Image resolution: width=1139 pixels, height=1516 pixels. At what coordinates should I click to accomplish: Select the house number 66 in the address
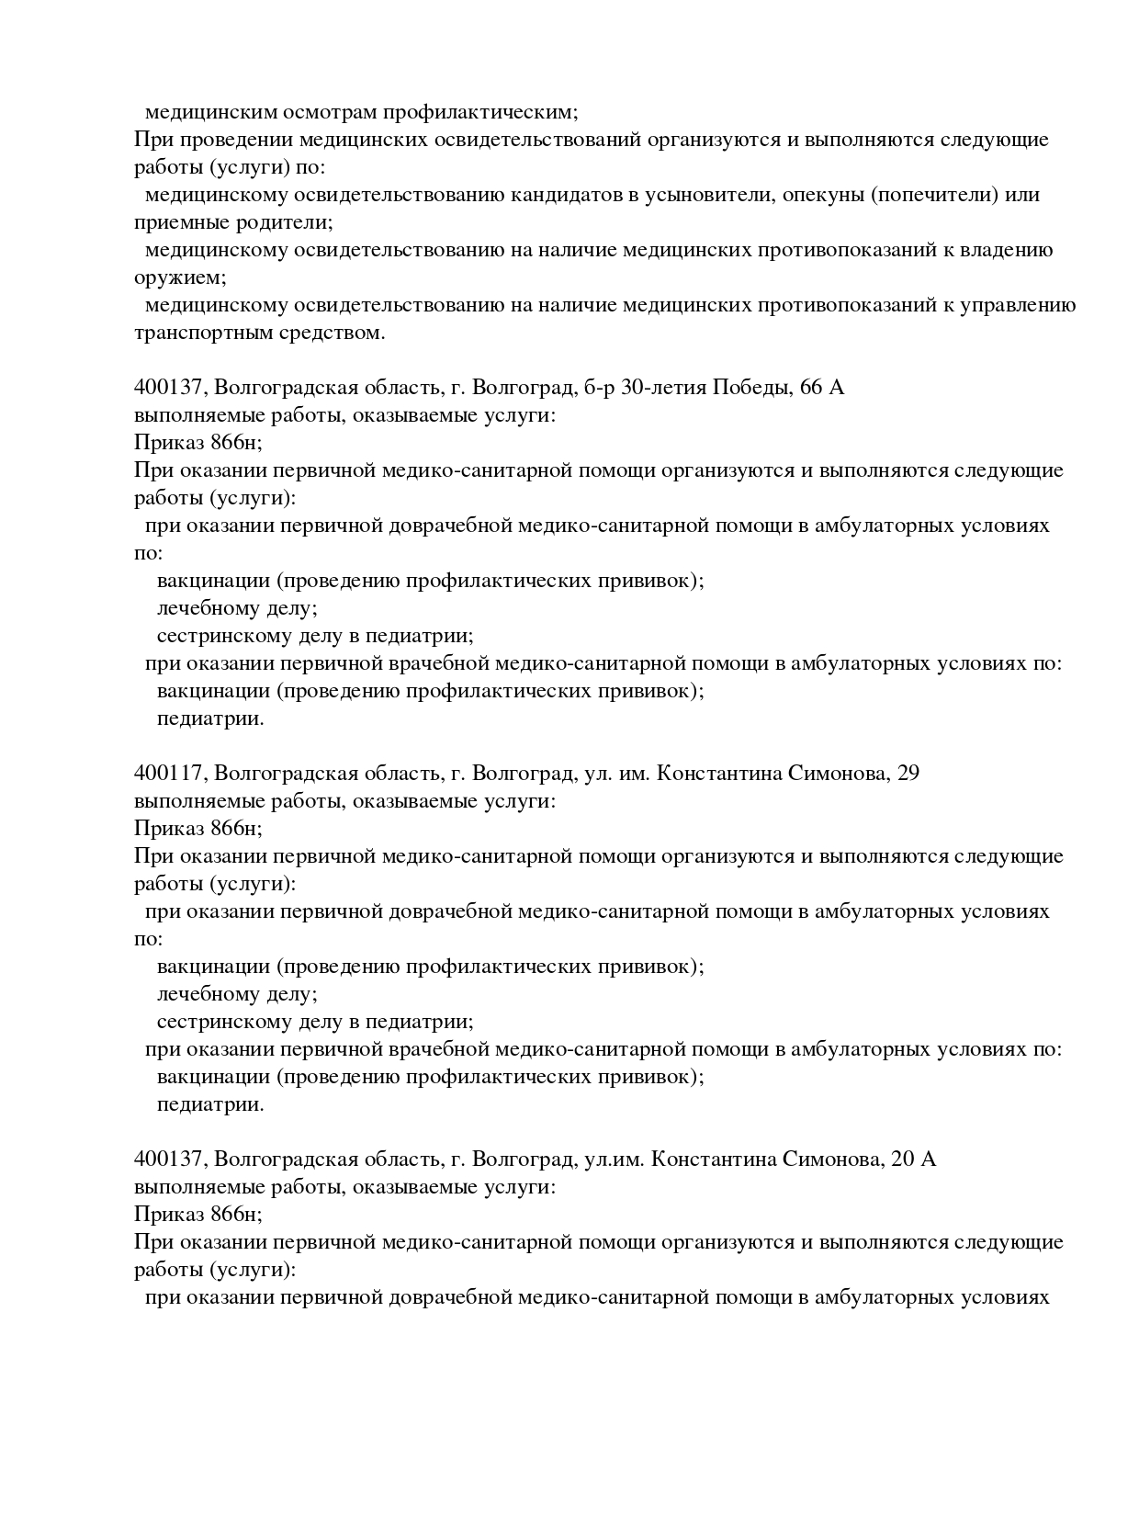coord(812,388)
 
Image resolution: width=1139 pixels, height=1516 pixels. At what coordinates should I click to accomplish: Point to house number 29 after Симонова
coord(907,774)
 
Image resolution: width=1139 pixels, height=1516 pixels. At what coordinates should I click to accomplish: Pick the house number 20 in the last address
coord(902,1160)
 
